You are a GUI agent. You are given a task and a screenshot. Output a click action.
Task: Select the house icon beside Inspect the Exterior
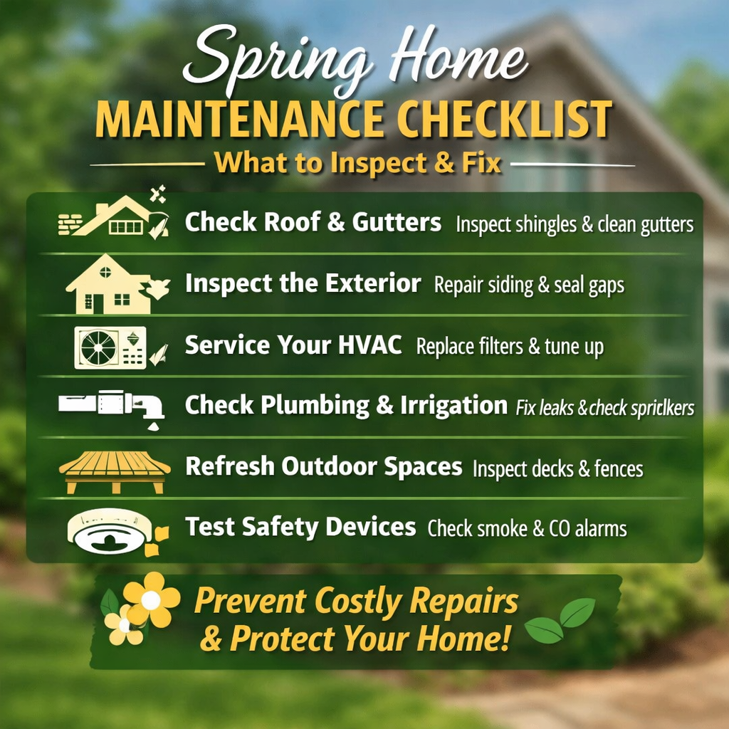(x=110, y=285)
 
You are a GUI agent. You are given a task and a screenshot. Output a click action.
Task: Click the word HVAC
(x=371, y=345)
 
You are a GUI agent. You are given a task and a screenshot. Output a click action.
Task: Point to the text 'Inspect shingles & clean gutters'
(x=575, y=225)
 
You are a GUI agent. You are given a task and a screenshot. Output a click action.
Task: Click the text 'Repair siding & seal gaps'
(x=529, y=285)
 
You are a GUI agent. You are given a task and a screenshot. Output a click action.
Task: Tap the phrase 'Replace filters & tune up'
(x=510, y=347)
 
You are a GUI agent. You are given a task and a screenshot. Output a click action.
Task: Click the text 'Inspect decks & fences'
(x=557, y=469)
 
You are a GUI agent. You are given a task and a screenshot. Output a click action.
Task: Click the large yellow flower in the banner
(x=151, y=599)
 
